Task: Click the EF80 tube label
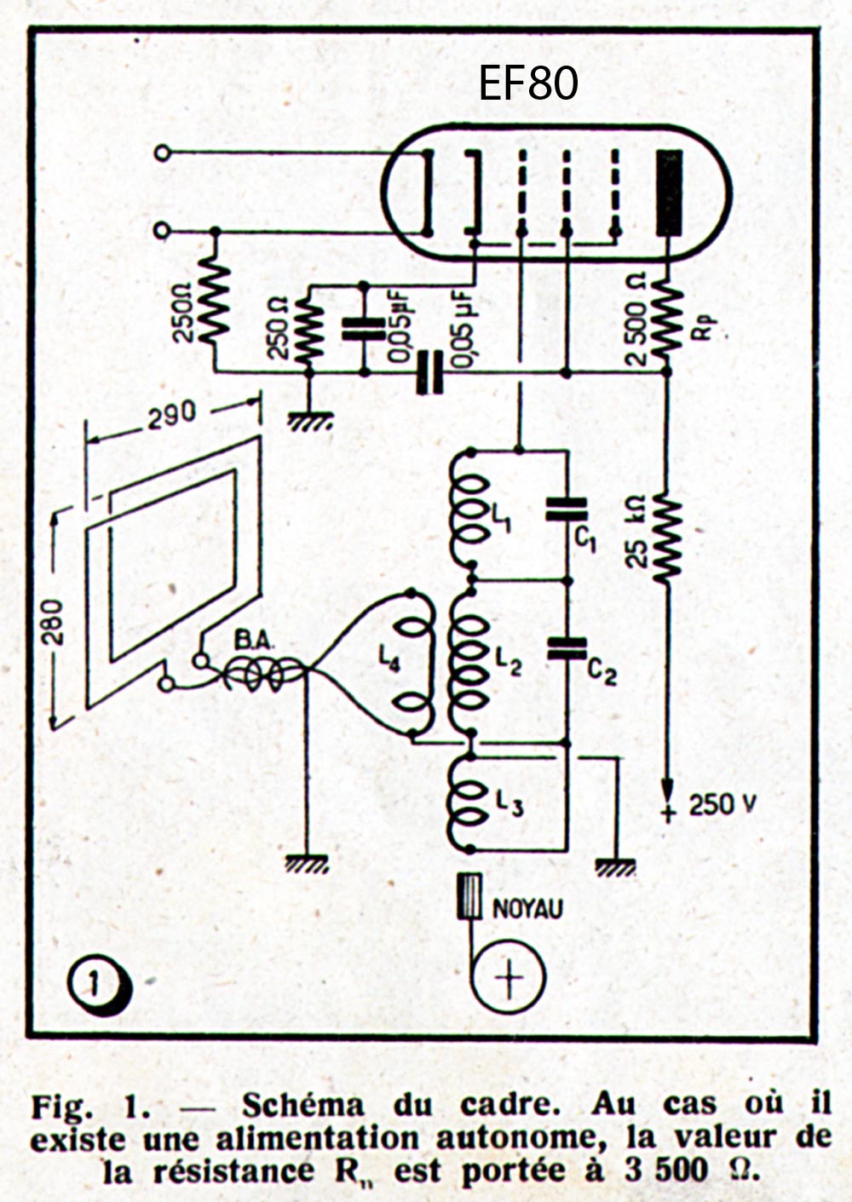528,83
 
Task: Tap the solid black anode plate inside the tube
671,193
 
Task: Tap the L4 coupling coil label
388,659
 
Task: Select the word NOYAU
528,909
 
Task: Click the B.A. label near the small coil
250,641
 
